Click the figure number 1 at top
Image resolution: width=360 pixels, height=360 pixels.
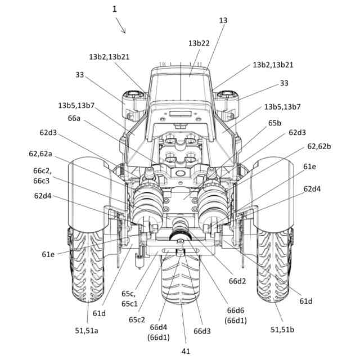(115, 9)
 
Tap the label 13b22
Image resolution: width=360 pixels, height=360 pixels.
(199, 43)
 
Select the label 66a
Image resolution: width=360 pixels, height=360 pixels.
(74, 119)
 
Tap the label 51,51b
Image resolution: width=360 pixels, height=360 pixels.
(282, 329)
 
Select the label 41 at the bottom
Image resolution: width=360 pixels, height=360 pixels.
(186, 351)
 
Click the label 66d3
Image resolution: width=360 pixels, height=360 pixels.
(202, 331)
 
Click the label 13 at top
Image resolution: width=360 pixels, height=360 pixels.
(223, 20)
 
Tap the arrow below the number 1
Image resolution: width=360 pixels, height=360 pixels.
(120, 25)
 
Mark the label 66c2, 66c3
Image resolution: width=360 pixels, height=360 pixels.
(42, 175)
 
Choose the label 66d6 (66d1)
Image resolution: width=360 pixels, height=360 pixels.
(235, 315)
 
